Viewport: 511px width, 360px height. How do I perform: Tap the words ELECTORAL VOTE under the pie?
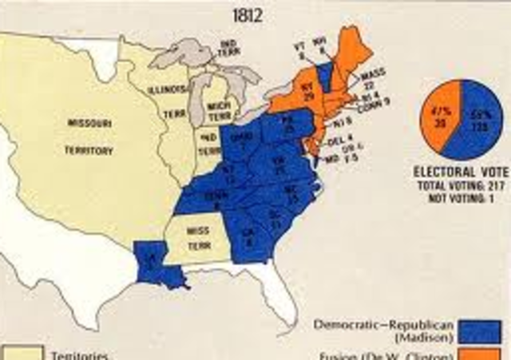point(460,171)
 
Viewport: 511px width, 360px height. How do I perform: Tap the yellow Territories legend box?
point(19,354)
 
